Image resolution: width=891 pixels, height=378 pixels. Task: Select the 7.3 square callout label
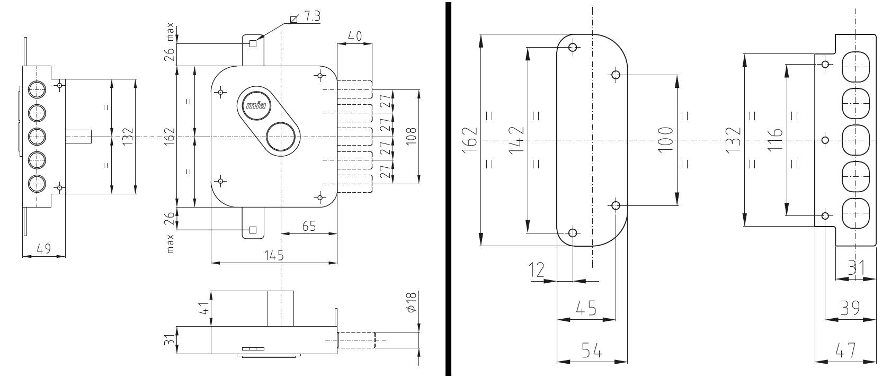tap(312, 16)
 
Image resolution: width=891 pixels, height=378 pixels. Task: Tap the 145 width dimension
tap(274, 255)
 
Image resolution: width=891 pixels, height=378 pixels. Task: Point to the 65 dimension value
tap(309, 226)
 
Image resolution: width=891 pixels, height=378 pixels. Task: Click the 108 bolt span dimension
tap(411, 137)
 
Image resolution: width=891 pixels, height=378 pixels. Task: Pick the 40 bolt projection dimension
tap(355, 36)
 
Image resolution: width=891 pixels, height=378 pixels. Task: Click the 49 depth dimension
tap(44, 249)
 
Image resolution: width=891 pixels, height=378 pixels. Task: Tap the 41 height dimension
tap(203, 309)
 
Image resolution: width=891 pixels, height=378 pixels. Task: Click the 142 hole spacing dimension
tap(517, 140)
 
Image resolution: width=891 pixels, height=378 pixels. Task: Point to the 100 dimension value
tap(665, 139)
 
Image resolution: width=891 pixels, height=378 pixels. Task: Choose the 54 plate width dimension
tap(592, 350)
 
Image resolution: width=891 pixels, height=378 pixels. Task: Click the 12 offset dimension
tap(537, 271)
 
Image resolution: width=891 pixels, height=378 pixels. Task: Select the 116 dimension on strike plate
tap(775, 140)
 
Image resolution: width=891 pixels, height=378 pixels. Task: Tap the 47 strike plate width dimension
tap(845, 350)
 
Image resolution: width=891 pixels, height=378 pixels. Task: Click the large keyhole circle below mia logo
tap(281, 137)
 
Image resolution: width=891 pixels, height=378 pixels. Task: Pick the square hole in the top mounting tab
tap(253, 44)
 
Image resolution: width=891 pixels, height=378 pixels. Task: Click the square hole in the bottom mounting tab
tap(253, 230)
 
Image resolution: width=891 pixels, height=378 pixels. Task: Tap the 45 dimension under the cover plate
tap(587, 309)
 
